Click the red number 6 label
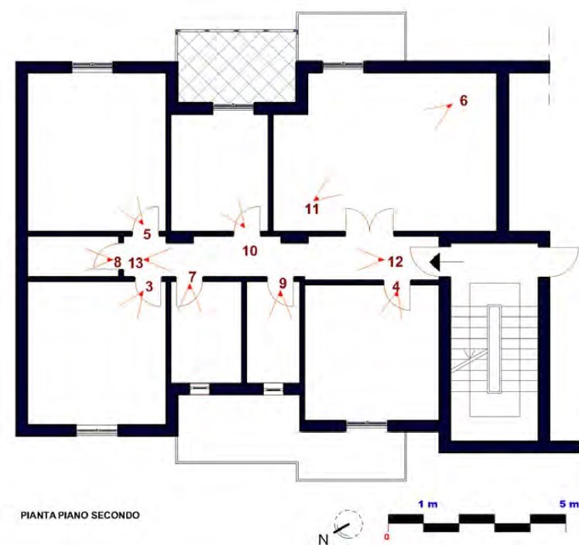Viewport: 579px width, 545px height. pos(464,100)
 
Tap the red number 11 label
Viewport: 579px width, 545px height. pos(312,209)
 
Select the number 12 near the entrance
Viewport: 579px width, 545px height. pos(395,262)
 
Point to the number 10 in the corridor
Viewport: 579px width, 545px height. pos(249,250)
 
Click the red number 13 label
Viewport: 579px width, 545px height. pos(135,264)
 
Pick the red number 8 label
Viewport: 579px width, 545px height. pos(118,263)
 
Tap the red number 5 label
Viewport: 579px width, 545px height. pos(147,234)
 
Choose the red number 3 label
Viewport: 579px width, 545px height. pos(149,287)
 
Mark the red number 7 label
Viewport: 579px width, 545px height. pos(191,277)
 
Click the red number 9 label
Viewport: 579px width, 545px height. pos(283,283)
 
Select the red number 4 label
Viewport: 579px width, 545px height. pos(396,287)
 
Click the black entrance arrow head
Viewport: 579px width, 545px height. pos(435,261)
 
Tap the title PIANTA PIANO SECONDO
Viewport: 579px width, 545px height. pos(81,515)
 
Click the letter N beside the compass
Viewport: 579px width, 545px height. pos(323,540)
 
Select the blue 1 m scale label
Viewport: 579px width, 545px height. pos(428,504)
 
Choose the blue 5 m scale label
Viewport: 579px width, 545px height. pos(569,504)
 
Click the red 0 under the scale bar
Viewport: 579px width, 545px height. pos(386,537)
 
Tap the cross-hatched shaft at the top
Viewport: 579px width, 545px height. pos(236,66)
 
